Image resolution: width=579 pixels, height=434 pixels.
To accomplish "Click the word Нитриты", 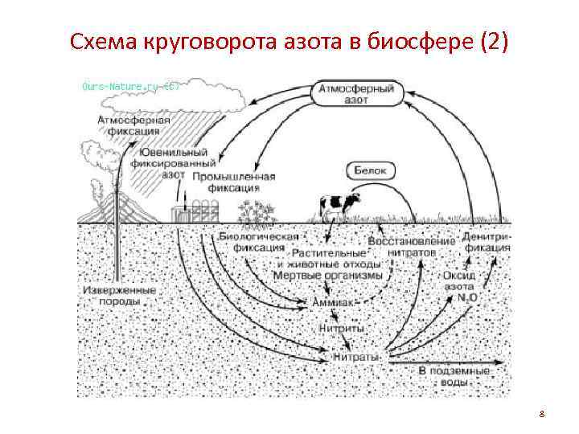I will (x=341, y=329).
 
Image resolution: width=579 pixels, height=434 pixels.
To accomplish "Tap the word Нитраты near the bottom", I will (x=357, y=354).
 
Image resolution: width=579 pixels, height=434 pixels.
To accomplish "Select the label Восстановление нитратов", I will (x=412, y=246).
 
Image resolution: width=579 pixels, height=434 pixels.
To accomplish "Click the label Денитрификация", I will (x=487, y=243).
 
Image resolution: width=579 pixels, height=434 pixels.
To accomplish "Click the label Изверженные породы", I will (x=119, y=296).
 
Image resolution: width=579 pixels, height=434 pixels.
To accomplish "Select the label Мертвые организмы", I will (x=329, y=276).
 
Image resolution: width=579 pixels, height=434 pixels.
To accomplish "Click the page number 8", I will (x=542, y=415).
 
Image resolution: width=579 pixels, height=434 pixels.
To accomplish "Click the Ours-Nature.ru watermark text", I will (x=129, y=85).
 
